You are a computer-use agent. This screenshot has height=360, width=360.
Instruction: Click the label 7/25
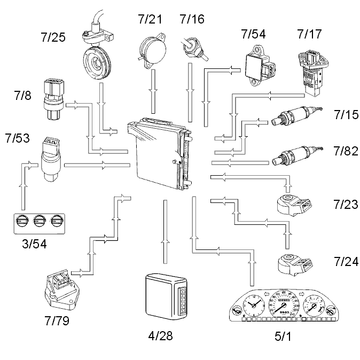click(53, 37)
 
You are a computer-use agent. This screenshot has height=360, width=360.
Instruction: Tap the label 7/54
click(254, 34)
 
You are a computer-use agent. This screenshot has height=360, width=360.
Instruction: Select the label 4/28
click(160, 336)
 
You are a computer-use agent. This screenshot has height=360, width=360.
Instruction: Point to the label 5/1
click(283, 336)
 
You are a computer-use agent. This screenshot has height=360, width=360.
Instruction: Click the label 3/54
click(34, 244)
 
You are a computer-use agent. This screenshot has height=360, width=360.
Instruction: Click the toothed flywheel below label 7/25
click(97, 62)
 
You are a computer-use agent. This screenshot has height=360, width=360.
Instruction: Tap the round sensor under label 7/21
click(152, 51)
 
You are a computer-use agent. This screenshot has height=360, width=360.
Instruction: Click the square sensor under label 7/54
click(261, 66)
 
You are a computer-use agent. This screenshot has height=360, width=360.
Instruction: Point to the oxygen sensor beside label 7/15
click(296, 115)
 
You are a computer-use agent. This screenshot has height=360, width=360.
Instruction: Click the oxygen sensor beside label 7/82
click(296, 155)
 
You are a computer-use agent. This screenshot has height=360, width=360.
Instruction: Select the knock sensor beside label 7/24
click(295, 263)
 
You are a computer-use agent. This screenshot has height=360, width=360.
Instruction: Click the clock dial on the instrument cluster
click(254, 305)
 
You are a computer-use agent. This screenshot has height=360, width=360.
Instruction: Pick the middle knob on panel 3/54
click(39, 221)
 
